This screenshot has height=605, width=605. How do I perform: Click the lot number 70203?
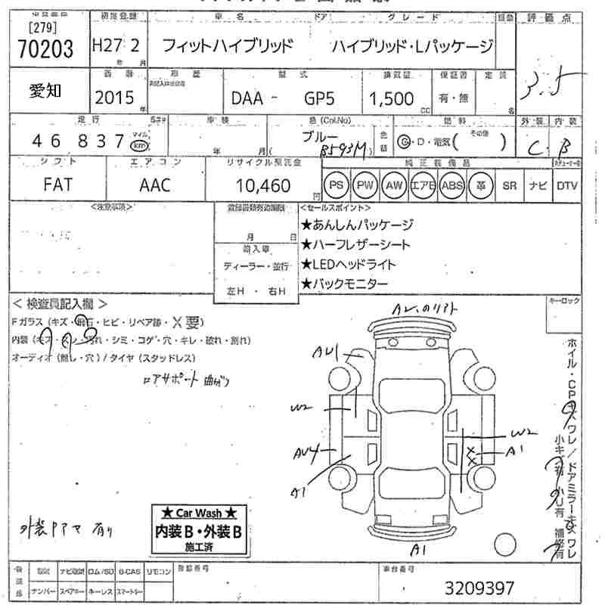[45, 50]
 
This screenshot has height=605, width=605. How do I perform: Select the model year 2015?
[116, 97]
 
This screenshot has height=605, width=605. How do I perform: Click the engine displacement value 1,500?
[392, 98]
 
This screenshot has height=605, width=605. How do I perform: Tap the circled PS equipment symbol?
[337, 185]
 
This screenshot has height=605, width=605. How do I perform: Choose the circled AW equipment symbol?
[394, 185]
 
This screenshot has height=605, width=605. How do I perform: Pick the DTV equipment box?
[567, 185]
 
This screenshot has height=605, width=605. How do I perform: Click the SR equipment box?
[510, 185]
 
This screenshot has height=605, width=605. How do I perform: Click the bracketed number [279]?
[44, 29]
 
